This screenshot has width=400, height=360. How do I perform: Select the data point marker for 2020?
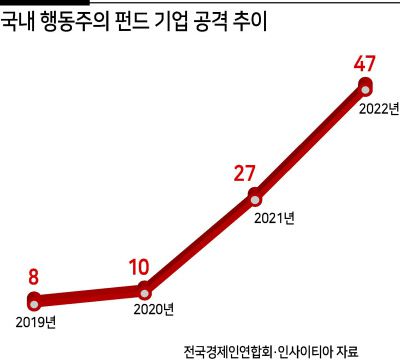coord(145,292)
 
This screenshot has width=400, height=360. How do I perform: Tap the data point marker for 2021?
coord(255,195)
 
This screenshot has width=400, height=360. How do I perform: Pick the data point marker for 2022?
coord(366,87)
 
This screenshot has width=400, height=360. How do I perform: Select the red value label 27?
coord(245,172)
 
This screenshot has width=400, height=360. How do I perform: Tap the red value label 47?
coord(366,65)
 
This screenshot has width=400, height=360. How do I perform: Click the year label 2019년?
coord(36,321)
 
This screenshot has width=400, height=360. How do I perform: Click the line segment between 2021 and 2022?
coord(311,141)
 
